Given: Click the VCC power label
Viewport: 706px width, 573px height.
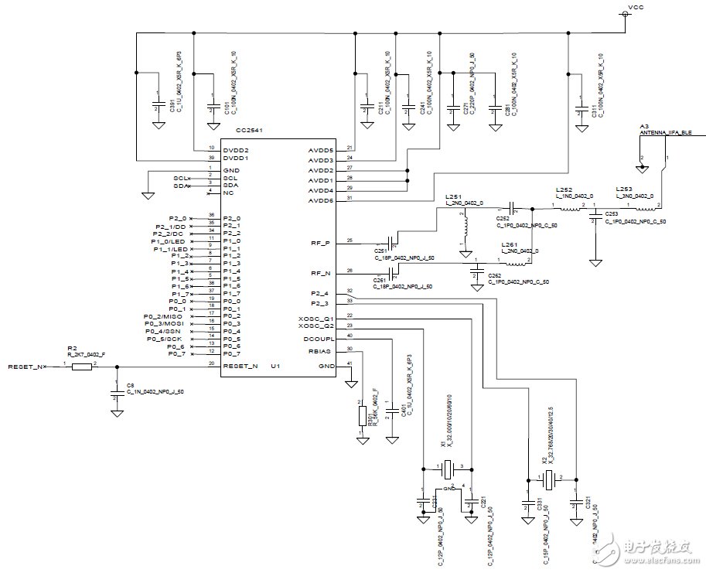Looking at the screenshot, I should click(636, 7).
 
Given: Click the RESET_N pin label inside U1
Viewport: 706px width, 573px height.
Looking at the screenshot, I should click(240, 366).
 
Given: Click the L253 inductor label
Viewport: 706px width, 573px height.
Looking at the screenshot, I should click(624, 189).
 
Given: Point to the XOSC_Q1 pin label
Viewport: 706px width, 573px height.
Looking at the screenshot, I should click(316, 318).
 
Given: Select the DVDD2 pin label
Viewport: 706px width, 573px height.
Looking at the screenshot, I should click(235, 148).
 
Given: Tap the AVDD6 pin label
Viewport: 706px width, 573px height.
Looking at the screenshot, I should click(321, 200).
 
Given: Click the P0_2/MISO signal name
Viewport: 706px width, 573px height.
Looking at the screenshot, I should click(164, 316).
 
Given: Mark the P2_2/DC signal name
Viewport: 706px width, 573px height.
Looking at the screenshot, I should click(167, 233).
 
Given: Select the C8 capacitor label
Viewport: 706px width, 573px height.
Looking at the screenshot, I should click(131, 384).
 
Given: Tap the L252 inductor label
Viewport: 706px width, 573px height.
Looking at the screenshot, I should click(564, 189).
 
